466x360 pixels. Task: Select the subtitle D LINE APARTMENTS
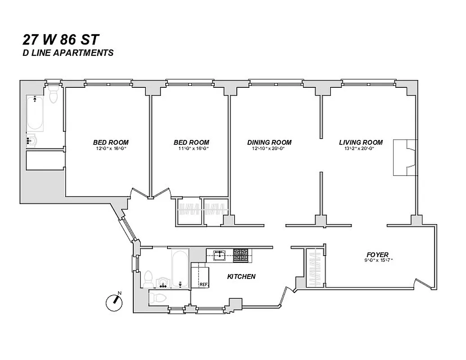pyautogui.click(x=68, y=53)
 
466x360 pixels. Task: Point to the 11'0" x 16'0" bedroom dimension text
pyautogui.click(x=191, y=148)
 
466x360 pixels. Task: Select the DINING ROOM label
pyautogui.click(x=269, y=142)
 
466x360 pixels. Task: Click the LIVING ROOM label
pyautogui.click(x=361, y=142)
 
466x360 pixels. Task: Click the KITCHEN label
pyautogui.click(x=241, y=276)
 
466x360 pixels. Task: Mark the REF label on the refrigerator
pyautogui.click(x=204, y=284)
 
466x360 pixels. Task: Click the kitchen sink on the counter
pyautogui.click(x=219, y=255)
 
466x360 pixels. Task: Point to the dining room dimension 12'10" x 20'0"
pyautogui.click(x=269, y=148)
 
